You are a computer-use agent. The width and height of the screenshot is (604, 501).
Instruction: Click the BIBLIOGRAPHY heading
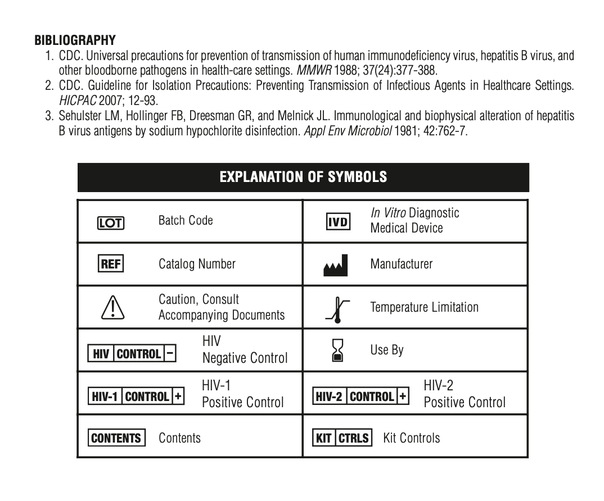click(75, 40)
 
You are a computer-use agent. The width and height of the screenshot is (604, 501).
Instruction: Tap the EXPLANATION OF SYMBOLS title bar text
click(303, 177)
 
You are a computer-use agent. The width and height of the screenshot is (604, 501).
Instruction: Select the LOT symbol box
click(111, 223)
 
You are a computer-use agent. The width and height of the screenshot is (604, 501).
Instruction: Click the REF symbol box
click(111, 264)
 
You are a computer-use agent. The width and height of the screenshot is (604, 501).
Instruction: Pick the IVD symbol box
click(339, 221)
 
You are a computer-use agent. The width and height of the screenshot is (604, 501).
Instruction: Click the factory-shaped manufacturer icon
click(336, 265)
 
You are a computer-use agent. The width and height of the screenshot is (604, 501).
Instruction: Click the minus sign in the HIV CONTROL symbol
click(171, 353)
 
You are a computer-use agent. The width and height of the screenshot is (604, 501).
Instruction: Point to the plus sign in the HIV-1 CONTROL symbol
click(178, 397)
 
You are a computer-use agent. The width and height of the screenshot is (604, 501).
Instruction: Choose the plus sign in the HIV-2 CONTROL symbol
click(403, 397)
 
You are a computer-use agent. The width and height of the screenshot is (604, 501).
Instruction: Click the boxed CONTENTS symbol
click(116, 438)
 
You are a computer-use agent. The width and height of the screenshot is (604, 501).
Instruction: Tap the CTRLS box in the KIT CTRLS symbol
click(354, 438)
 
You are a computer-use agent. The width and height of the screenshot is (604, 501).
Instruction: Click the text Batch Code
click(186, 220)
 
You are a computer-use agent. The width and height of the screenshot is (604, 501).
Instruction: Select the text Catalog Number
click(197, 263)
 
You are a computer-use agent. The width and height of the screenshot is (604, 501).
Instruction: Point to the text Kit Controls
click(412, 438)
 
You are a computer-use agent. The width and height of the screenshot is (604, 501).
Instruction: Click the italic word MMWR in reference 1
click(302, 71)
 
